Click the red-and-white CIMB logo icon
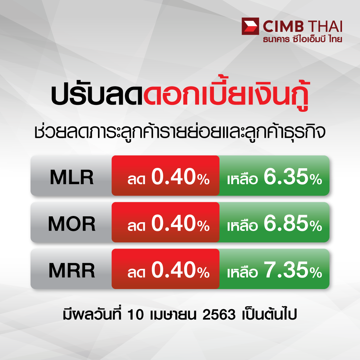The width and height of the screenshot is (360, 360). [x=250, y=26]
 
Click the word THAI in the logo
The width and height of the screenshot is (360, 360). [x=325, y=26]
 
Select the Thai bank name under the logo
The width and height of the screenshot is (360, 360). [x=303, y=39]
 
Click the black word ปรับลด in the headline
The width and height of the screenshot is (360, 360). [x=97, y=96]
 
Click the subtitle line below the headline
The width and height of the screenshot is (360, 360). [x=180, y=132]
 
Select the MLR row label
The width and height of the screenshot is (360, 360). [x=72, y=177]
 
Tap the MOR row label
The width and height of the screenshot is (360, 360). [x=72, y=224]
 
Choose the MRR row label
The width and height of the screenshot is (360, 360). [x=72, y=270]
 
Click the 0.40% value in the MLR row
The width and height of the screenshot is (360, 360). [x=180, y=177]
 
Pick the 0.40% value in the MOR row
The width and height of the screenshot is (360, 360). [x=180, y=223]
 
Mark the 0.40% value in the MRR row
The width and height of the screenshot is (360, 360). [x=180, y=270]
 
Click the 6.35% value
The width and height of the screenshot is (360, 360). [x=293, y=177]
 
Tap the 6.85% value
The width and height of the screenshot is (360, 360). [x=293, y=223]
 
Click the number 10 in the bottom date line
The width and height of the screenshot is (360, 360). [x=135, y=315]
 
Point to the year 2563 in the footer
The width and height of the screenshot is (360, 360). [x=219, y=315]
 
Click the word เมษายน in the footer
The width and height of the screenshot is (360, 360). [x=173, y=315]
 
